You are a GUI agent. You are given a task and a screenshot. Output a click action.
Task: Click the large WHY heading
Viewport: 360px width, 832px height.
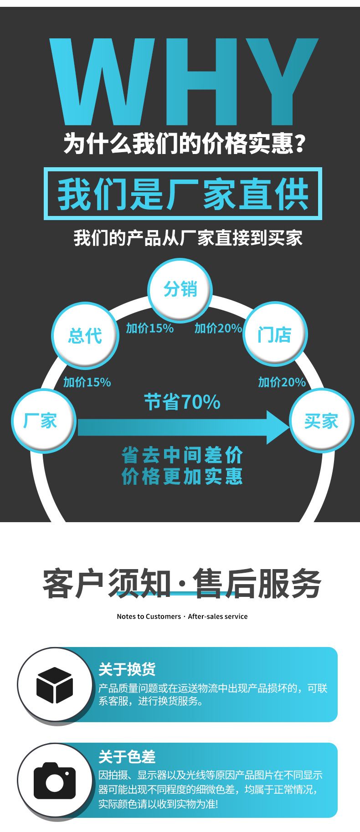(183, 82)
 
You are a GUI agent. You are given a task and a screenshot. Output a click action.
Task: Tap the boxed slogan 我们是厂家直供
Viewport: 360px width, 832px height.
(183, 194)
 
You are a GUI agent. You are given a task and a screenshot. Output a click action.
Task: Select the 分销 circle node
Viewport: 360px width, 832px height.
(180, 289)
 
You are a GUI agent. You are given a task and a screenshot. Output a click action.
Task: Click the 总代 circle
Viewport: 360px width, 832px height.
(85, 335)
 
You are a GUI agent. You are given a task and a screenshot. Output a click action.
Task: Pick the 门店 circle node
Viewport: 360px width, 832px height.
(275, 334)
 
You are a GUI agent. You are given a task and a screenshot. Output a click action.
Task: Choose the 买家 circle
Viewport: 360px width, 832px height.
(322, 421)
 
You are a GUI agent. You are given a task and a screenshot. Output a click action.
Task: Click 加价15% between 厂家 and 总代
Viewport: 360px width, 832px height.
(87, 382)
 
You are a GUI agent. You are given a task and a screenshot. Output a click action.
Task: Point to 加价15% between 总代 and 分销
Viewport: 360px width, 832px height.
(149, 328)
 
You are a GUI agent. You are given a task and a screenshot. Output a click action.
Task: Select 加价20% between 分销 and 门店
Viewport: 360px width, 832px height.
(218, 328)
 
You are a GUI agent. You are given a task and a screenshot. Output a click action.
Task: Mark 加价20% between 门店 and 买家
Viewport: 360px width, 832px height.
(282, 382)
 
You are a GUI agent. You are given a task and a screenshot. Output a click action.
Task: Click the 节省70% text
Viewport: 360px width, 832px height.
(182, 402)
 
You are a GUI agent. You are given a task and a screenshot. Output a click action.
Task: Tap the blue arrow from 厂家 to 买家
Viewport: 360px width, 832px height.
(182, 427)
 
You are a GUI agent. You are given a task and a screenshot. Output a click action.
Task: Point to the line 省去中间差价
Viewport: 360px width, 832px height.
(182, 455)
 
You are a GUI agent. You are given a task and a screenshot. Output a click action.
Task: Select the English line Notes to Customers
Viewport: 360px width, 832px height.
(182, 616)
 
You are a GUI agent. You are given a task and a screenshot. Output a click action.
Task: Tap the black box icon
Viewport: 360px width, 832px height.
(55, 685)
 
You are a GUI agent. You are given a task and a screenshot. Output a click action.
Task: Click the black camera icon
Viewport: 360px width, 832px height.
(55, 781)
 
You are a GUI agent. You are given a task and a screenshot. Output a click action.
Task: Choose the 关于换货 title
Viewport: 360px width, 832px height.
(127, 669)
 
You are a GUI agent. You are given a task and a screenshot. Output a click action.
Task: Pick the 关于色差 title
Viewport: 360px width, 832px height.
(127, 756)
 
